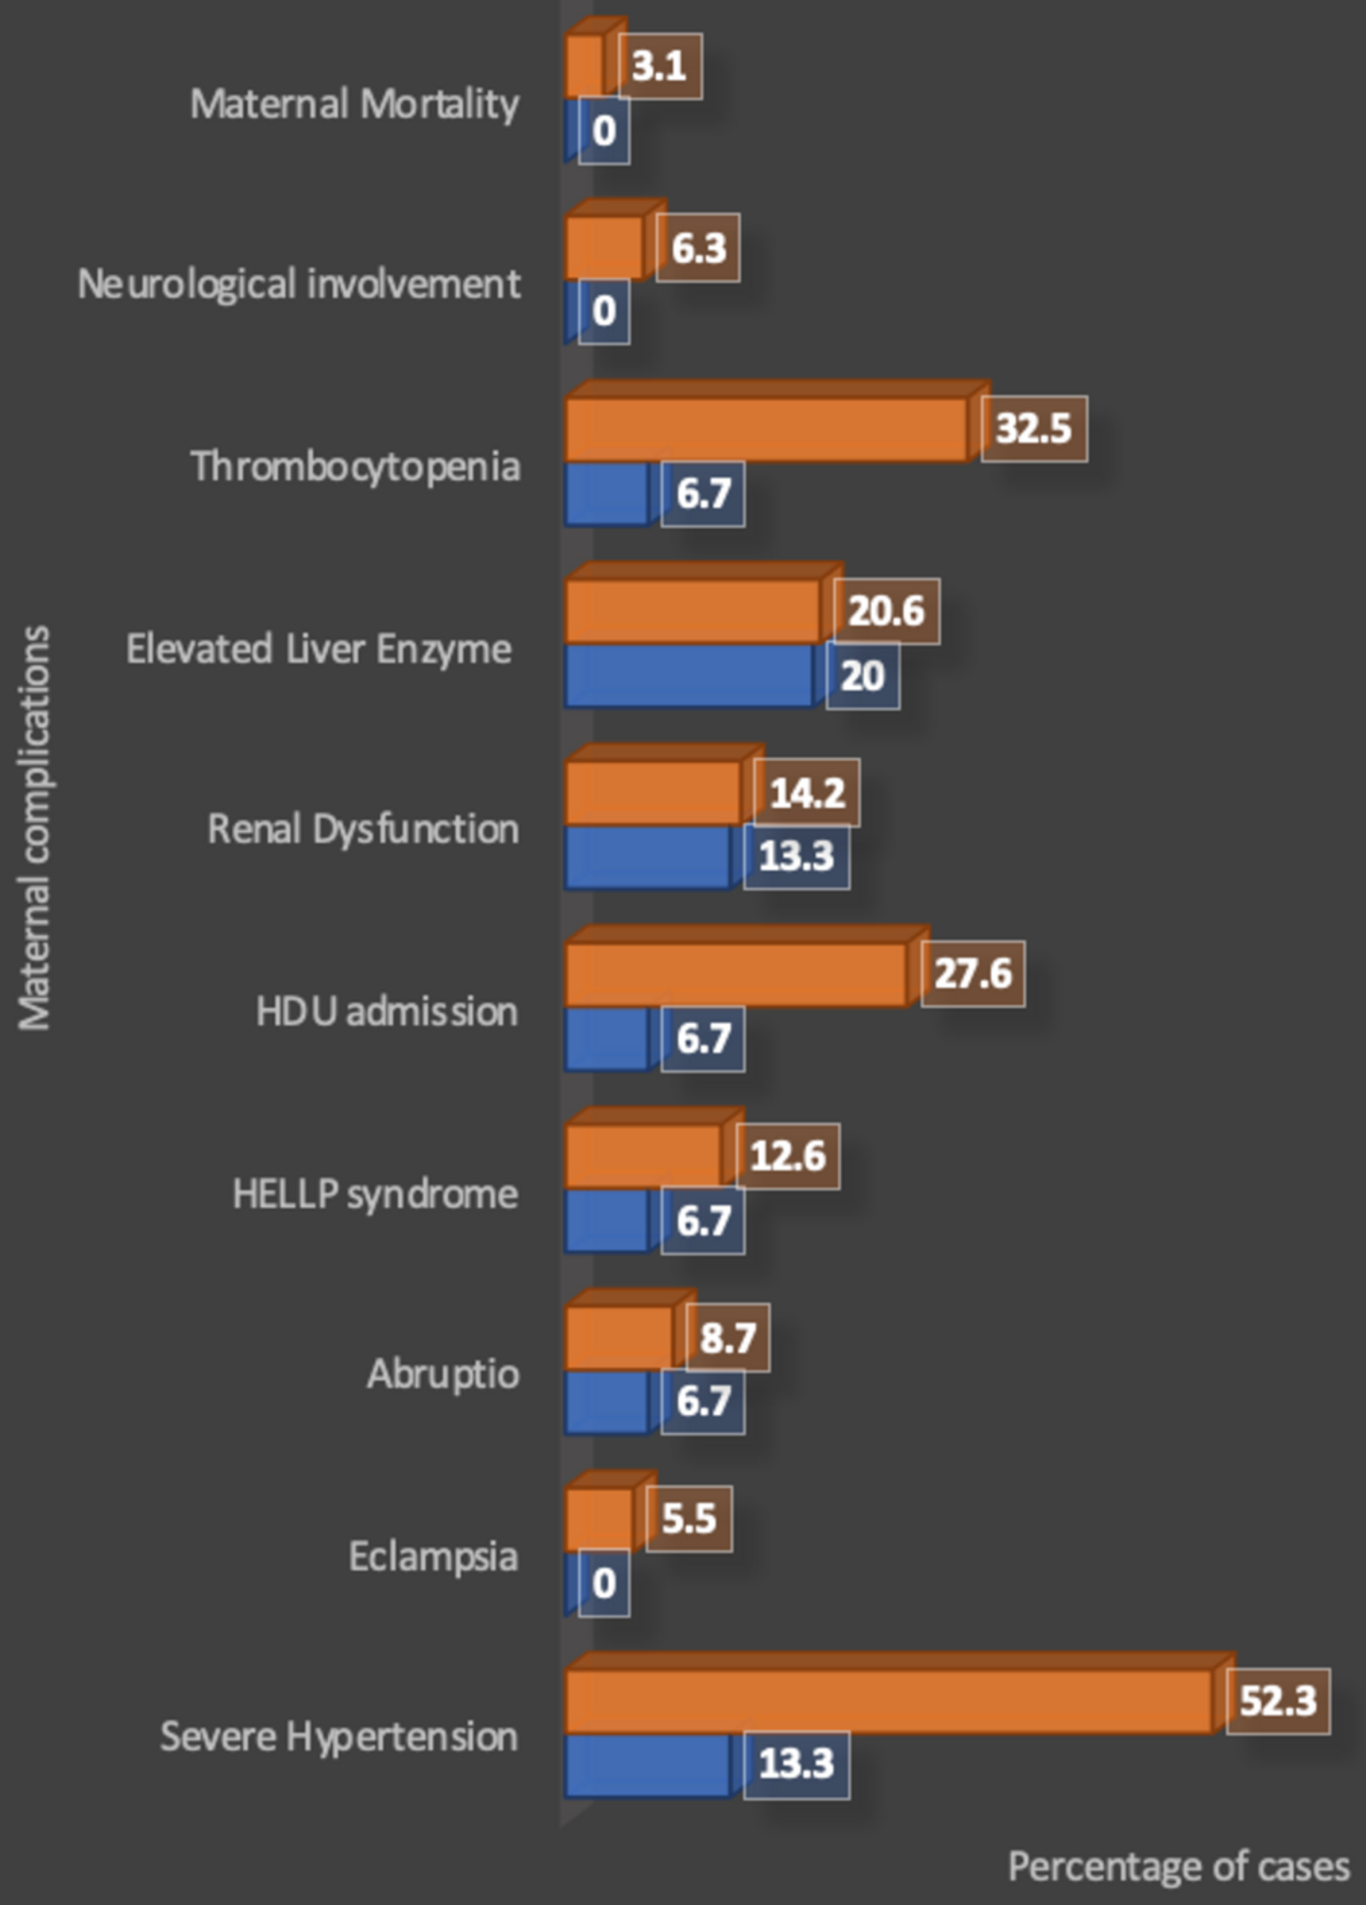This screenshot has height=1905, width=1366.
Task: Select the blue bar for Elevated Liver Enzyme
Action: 688,675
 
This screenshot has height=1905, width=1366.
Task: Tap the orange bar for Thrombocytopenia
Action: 766,429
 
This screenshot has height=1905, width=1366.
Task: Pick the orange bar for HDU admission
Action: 735,974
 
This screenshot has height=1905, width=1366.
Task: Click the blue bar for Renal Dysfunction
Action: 647,857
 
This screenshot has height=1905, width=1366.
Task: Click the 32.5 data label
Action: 1034,429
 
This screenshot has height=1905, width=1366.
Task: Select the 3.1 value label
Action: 660,66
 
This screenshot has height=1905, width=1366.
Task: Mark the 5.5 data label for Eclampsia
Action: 688,1519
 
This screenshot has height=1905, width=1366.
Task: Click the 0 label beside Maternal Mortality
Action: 604,131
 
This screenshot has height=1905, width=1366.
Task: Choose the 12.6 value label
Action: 788,1156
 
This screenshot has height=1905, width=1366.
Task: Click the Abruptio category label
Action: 443,1374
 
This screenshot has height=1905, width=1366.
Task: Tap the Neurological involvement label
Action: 299,284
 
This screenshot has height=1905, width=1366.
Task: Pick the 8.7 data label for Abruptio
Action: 727,1337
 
